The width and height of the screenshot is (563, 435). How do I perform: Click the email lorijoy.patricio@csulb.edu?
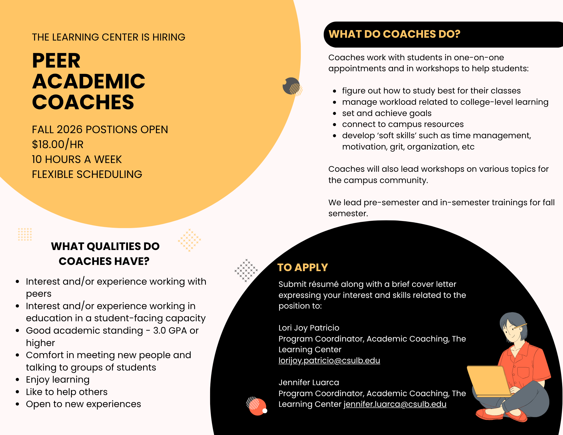[x=329, y=360]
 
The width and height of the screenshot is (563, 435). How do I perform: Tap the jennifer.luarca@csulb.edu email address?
[x=395, y=404]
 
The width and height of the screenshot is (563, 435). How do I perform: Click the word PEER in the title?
[x=56, y=61]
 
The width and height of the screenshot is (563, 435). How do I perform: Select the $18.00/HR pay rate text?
[x=58, y=144]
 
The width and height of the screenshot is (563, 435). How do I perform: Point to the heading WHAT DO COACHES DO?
[x=394, y=34]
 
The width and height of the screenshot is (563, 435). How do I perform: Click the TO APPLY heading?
[x=302, y=267]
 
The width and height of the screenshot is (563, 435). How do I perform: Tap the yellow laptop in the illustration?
[x=489, y=380]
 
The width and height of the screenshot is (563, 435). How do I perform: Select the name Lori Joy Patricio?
[x=309, y=328]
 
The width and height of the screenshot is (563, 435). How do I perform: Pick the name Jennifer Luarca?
[x=309, y=382]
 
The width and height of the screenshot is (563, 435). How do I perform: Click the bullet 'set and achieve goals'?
[x=386, y=113]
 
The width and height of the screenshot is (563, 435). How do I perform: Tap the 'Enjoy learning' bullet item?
[x=57, y=380]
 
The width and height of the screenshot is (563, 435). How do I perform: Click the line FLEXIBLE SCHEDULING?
[x=87, y=174]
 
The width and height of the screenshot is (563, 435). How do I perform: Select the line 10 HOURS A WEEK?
[x=77, y=159]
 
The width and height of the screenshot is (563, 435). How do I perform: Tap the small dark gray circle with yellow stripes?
[x=291, y=86]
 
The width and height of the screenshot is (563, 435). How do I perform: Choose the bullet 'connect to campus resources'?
[x=402, y=124]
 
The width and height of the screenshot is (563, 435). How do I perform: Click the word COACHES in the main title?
[x=83, y=102]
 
